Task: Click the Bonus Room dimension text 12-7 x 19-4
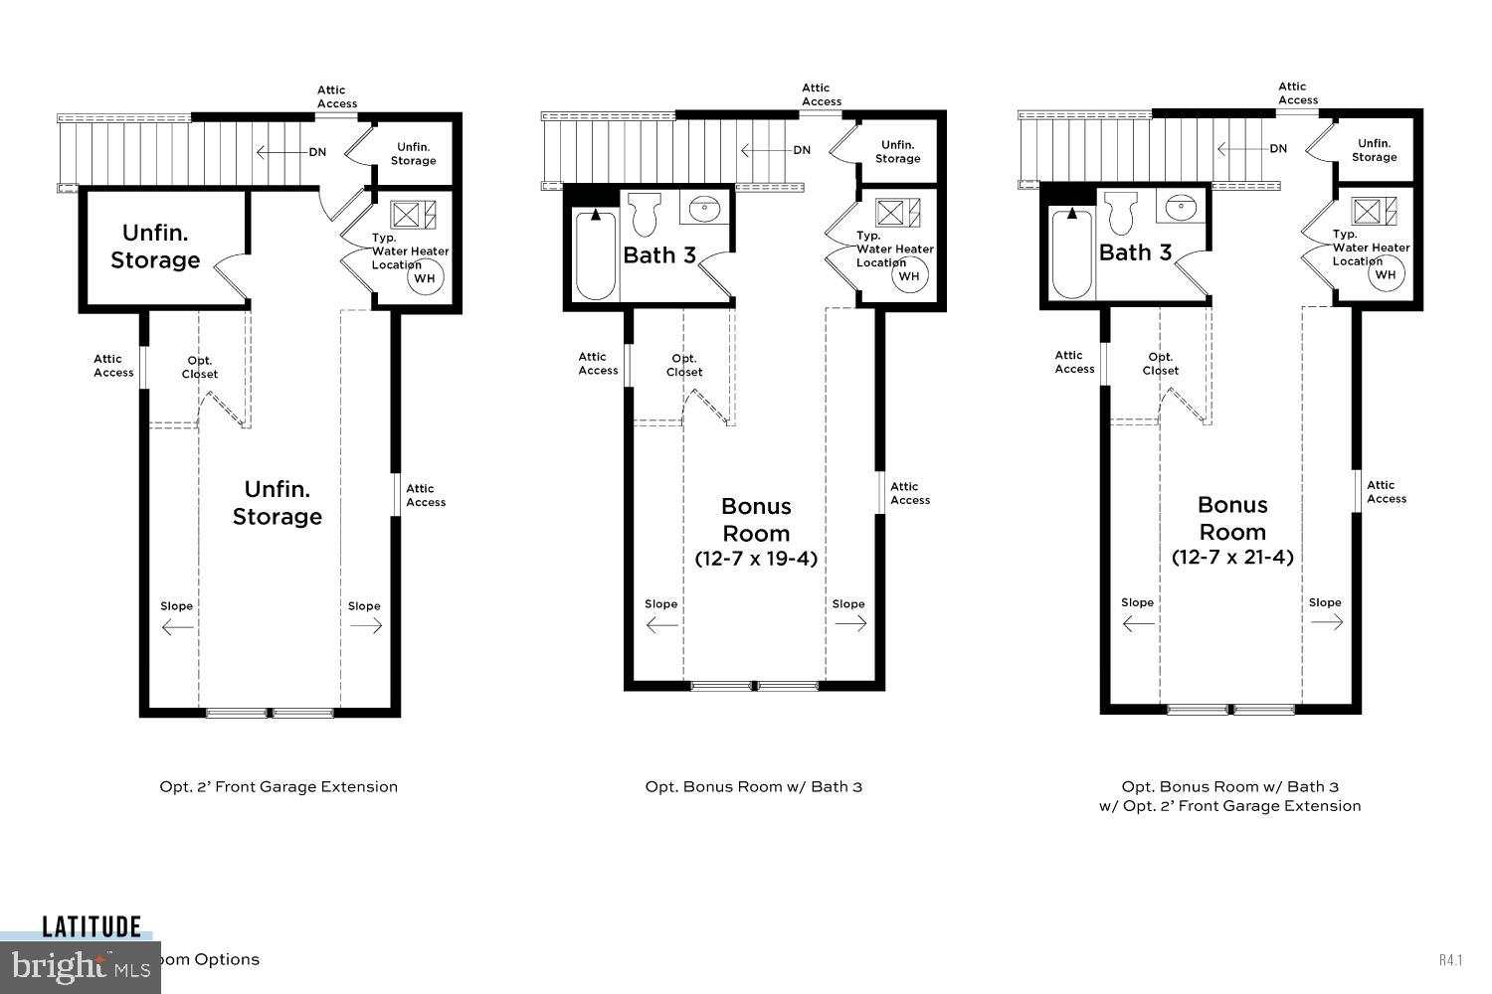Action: click(x=756, y=559)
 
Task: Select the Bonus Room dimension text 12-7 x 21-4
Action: click(x=1232, y=557)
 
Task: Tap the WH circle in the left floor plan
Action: click(x=424, y=278)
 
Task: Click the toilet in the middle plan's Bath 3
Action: click(x=645, y=213)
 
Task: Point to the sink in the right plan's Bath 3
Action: click(x=1182, y=208)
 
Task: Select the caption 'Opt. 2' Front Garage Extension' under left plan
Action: click(x=279, y=786)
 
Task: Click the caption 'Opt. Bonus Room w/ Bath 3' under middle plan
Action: click(x=754, y=786)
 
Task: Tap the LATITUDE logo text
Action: click(x=92, y=927)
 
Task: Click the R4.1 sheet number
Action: click(x=1450, y=959)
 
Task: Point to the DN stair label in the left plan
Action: click(x=317, y=152)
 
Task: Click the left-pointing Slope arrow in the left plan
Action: click(x=177, y=626)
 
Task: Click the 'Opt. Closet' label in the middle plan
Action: click(x=684, y=365)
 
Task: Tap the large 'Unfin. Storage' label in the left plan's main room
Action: click(x=278, y=503)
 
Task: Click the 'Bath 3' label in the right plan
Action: click(x=1135, y=252)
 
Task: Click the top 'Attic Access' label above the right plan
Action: click(x=1298, y=93)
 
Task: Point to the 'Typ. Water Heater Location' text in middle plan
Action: click(x=893, y=248)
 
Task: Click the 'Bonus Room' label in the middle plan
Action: click(x=756, y=519)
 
